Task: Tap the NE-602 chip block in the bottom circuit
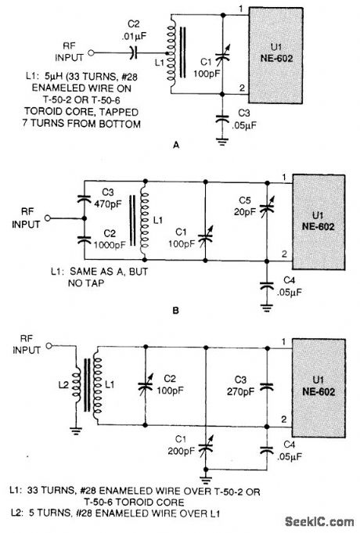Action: coord(322,389)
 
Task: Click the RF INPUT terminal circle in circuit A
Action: coord(92,52)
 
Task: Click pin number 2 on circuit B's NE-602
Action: coord(284,254)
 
